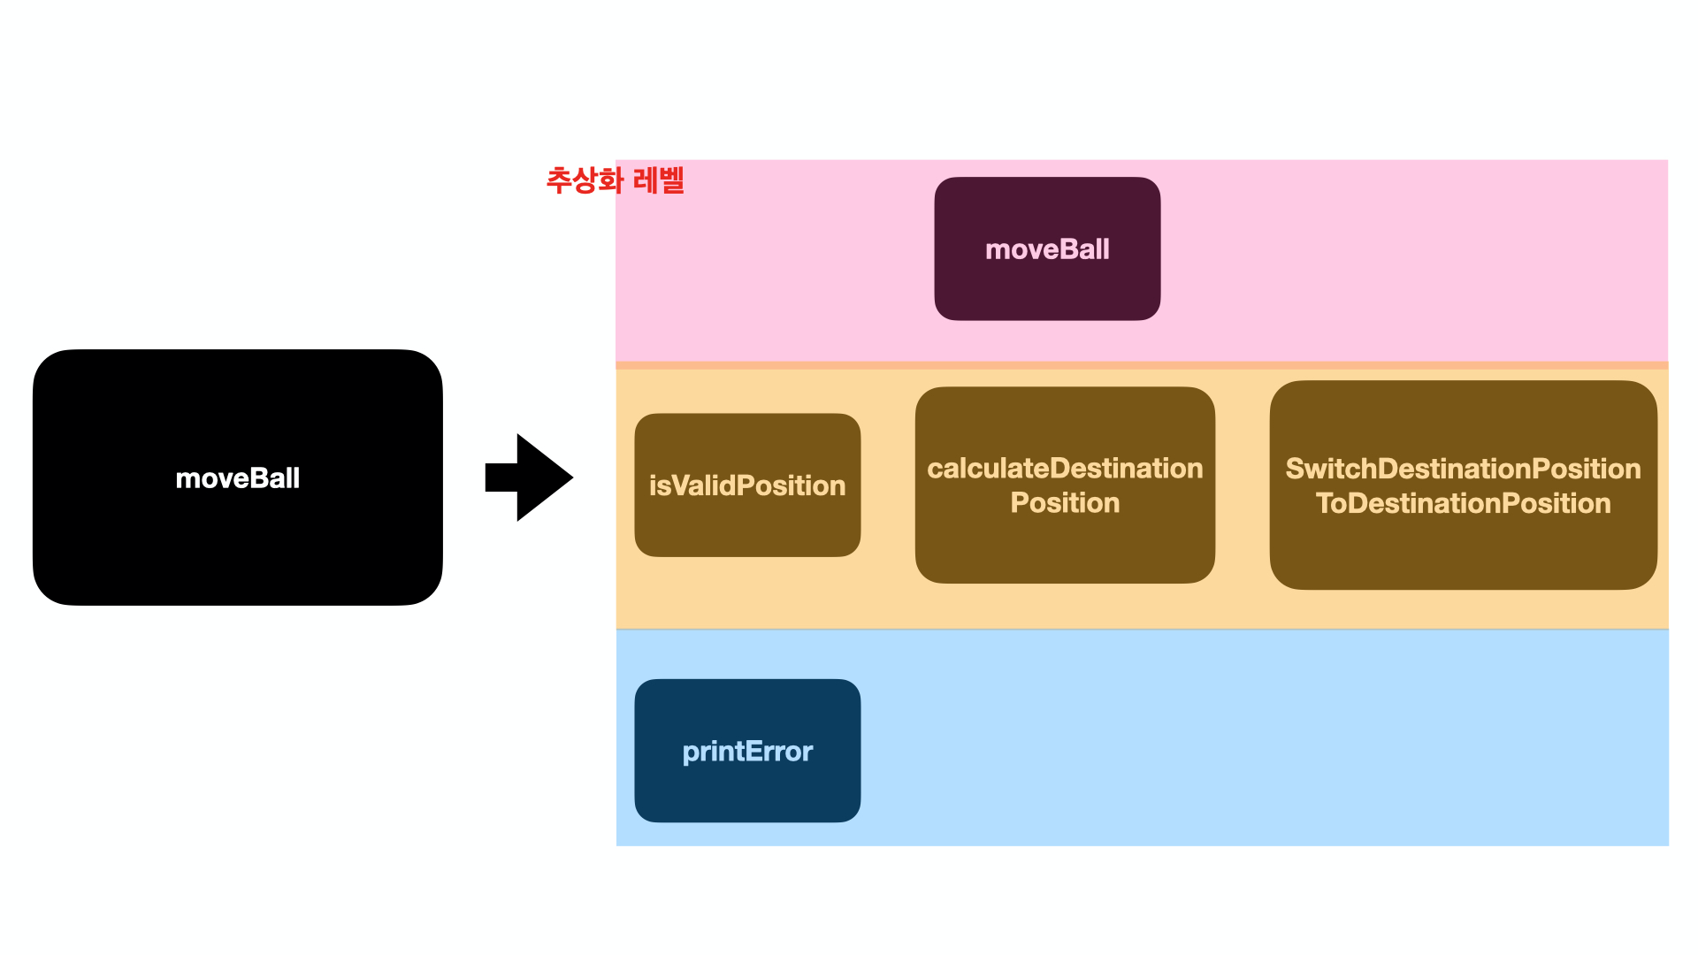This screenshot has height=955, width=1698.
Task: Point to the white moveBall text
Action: pyautogui.click(x=237, y=478)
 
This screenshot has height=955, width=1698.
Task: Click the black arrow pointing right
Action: pyautogui.click(x=531, y=477)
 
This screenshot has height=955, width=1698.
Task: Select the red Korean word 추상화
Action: pyautogui.click(x=585, y=180)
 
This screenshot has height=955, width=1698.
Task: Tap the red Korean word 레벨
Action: pyautogui.click(x=660, y=180)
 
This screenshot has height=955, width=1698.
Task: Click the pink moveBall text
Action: pyautogui.click(x=1047, y=249)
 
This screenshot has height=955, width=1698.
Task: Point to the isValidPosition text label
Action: pyautogui.click(x=747, y=485)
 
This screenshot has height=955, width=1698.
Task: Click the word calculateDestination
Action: pyautogui.click(x=1065, y=468)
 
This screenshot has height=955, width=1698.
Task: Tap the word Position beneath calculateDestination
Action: pyautogui.click(x=1065, y=503)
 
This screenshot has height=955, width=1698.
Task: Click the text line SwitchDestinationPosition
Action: pyautogui.click(x=1463, y=469)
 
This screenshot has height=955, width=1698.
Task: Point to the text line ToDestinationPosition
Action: pyautogui.click(x=1463, y=504)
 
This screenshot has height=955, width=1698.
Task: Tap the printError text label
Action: pyautogui.click(x=747, y=752)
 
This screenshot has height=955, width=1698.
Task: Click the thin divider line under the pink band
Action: pyautogui.click(x=1141, y=365)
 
